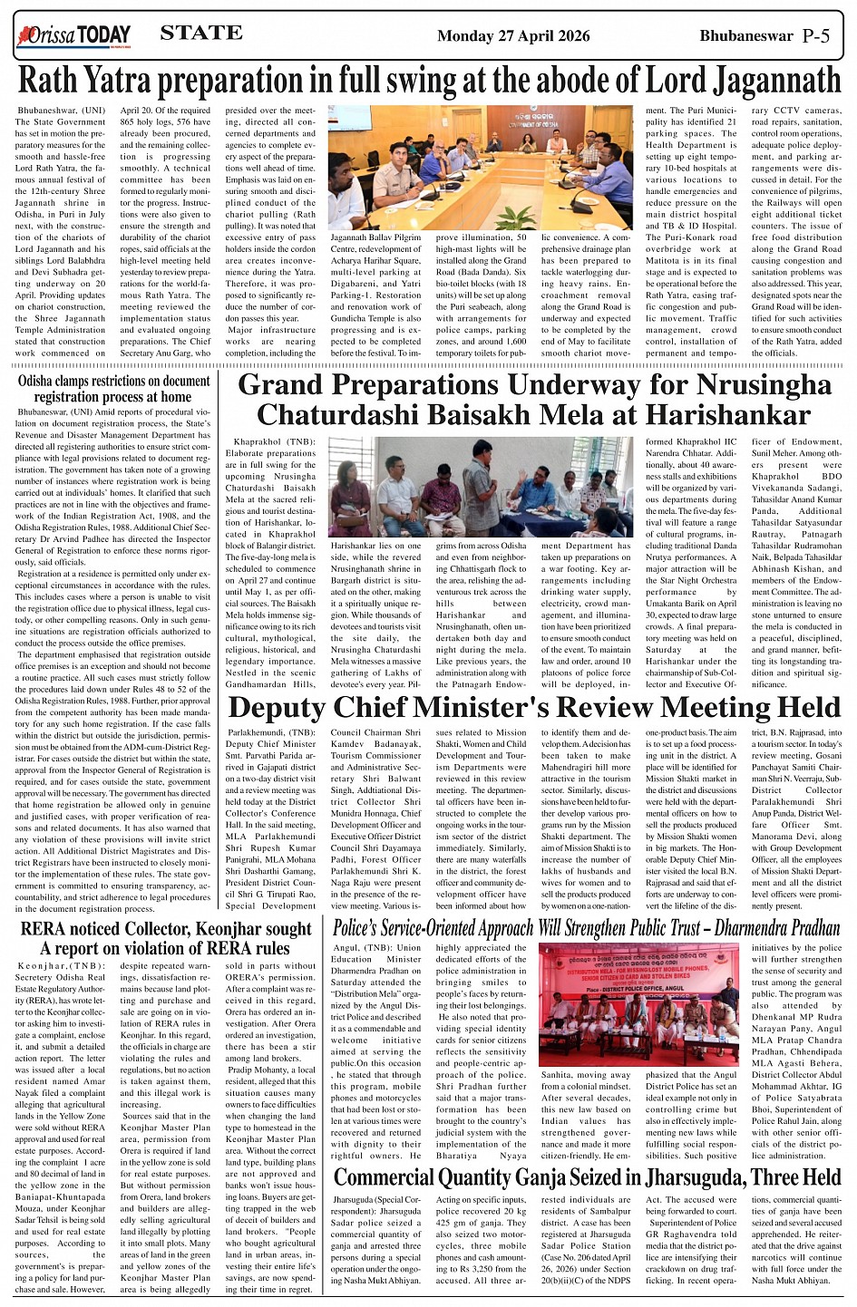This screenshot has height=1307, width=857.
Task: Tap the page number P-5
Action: pyautogui.click(x=823, y=35)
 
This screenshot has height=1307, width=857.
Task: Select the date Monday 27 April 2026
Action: pyautogui.click(x=513, y=36)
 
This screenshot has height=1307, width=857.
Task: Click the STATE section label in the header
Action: pyautogui.click(x=200, y=34)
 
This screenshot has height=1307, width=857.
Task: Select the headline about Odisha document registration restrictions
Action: pyautogui.click(x=113, y=389)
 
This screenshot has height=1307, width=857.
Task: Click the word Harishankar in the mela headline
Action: pyautogui.click(x=719, y=415)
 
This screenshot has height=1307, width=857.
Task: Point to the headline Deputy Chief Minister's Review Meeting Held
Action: pyautogui.click(x=534, y=708)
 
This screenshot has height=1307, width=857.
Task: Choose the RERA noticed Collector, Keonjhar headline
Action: pyautogui.click(x=165, y=939)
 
